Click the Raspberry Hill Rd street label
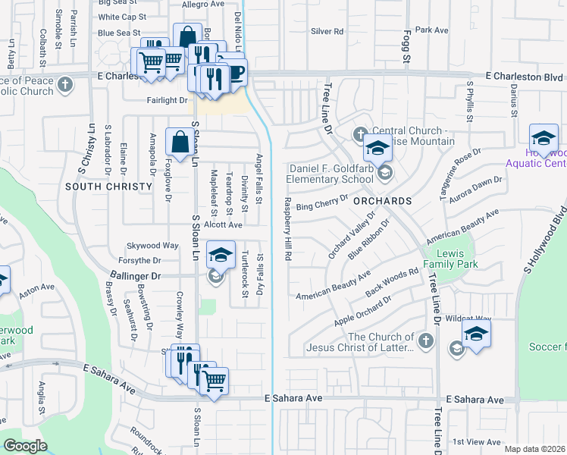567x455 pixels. (x=288, y=229)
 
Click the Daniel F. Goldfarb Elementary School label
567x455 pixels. (x=330, y=174)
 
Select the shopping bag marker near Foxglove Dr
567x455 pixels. (x=179, y=142)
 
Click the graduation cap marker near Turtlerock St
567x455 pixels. (x=221, y=256)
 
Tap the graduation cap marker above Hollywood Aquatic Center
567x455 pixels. (x=543, y=139)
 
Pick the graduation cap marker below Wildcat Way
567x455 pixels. (x=476, y=334)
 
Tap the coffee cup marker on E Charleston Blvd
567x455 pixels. (x=233, y=74)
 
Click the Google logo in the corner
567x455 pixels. (x=25, y=446)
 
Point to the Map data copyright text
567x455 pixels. (x=534, y=449)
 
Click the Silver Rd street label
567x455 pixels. (x=327, y=32)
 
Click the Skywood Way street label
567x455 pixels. (x=152, y=246)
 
